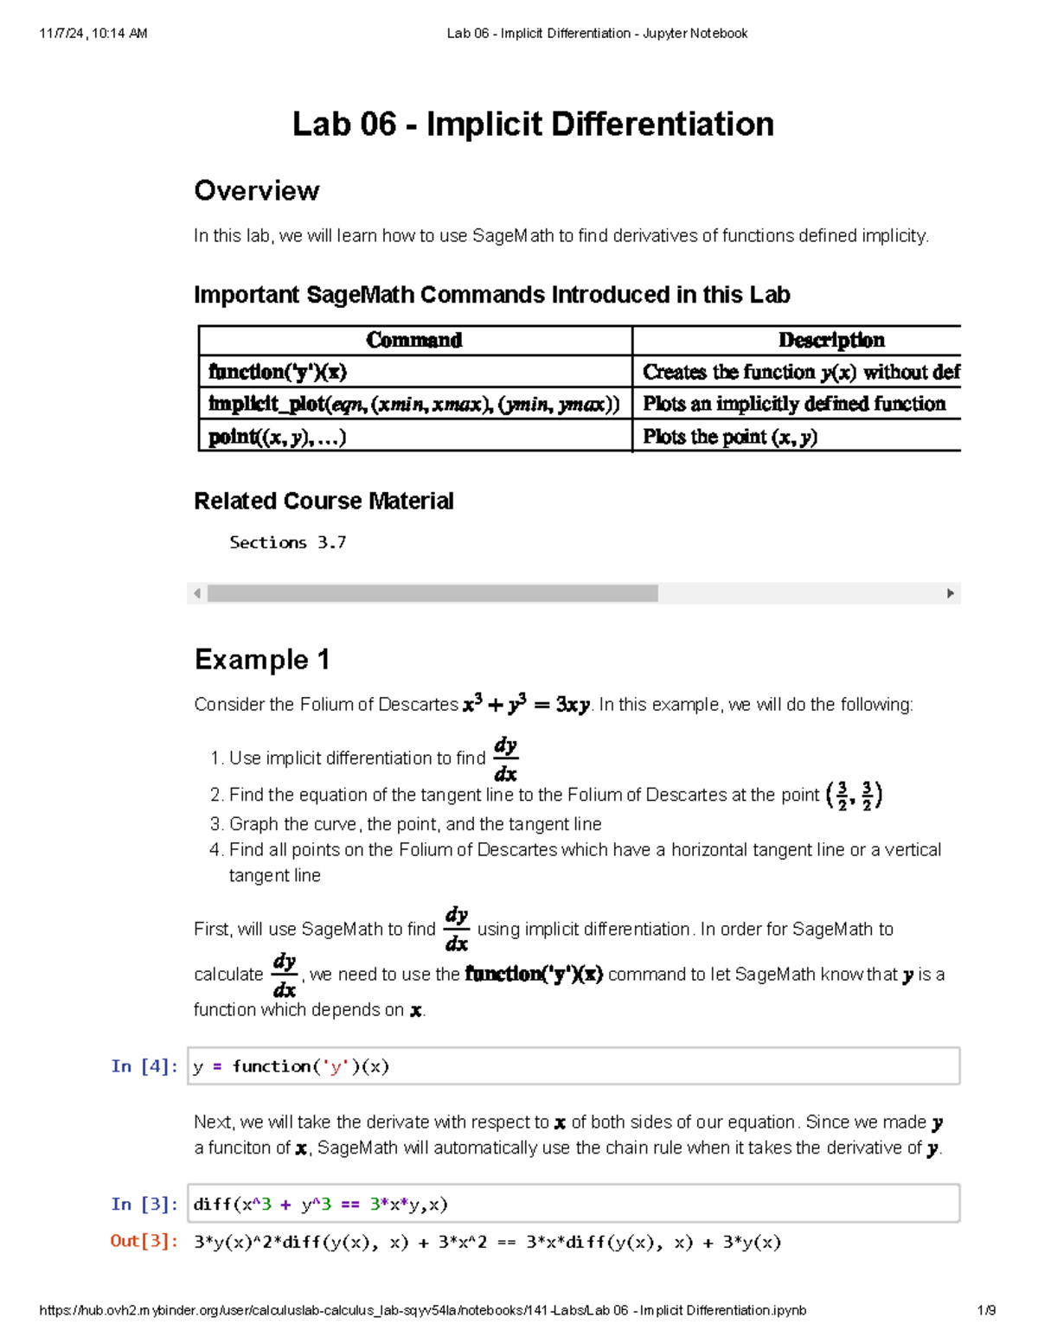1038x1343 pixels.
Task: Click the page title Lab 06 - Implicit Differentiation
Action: (x=533, y=124)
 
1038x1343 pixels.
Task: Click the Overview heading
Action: (x=257, y=190)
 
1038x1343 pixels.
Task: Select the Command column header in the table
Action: (x=414, y=340)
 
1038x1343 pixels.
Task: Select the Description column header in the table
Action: (x=831, y=340)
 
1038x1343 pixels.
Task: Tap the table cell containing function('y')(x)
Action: (x=278, y=372)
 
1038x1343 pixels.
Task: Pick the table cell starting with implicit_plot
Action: (x=414, y=404)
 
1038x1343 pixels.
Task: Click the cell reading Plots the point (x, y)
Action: (x=730, y=437)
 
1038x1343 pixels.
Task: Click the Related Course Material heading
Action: (x=324, y=501)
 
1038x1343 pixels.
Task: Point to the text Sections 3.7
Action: (x=287, y=542)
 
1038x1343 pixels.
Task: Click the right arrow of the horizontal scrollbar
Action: (x=951, y=593)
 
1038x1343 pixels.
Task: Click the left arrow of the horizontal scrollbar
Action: (x=197, y=593)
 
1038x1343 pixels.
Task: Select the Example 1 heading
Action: (x=262, y=659)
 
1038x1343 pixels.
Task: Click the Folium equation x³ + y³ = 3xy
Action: (x=526, y=705)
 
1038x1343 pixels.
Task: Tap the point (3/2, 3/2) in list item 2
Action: (x=854, y=795)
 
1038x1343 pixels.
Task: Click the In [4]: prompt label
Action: (x=144, y=1065)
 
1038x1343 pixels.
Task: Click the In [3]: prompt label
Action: (x=144, y=1204)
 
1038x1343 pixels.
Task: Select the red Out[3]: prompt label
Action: (x=144, y=1241)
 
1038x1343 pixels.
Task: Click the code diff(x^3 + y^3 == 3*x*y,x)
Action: (x=320, y=1204)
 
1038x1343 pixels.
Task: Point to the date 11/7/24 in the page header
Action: (x=61, y=34)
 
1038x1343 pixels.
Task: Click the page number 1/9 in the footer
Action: (x=986, y=1310)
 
